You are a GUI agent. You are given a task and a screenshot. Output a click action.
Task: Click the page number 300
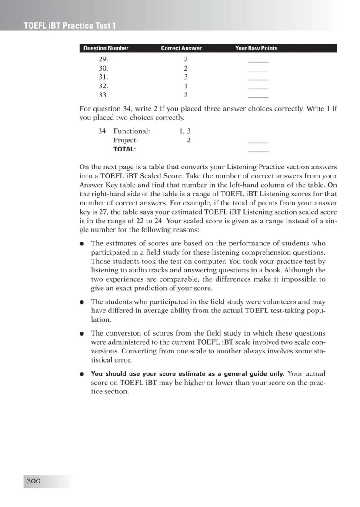tap(33, 481)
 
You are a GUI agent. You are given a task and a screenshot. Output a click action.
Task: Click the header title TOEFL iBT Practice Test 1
tap(70, 26)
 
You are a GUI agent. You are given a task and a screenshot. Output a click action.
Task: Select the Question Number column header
tap(106, 48)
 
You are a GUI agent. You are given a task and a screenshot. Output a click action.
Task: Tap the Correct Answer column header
tap(181, 48)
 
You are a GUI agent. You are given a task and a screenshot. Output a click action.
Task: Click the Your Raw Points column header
tap(256, 48)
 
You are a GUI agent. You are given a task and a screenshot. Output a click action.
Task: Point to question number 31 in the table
tap(103, 77)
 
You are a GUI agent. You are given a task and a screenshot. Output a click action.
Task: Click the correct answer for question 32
tap(186, 86)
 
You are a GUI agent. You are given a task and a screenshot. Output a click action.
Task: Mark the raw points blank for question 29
tap(258, 61)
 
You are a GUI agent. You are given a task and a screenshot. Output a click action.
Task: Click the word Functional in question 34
tap(131, 131)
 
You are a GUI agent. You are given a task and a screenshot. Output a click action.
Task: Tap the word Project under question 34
tap(125, 140)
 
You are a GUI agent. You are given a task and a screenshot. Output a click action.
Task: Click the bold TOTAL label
tap(124, 149)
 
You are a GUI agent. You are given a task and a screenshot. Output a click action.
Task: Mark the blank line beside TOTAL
tap(258, 151)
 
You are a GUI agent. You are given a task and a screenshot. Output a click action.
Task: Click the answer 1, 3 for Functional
tap(185, 131)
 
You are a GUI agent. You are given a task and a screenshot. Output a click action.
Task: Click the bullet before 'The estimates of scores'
tap(82, 244)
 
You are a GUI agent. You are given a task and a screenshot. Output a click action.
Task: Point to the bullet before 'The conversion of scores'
tap(82, 334)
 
